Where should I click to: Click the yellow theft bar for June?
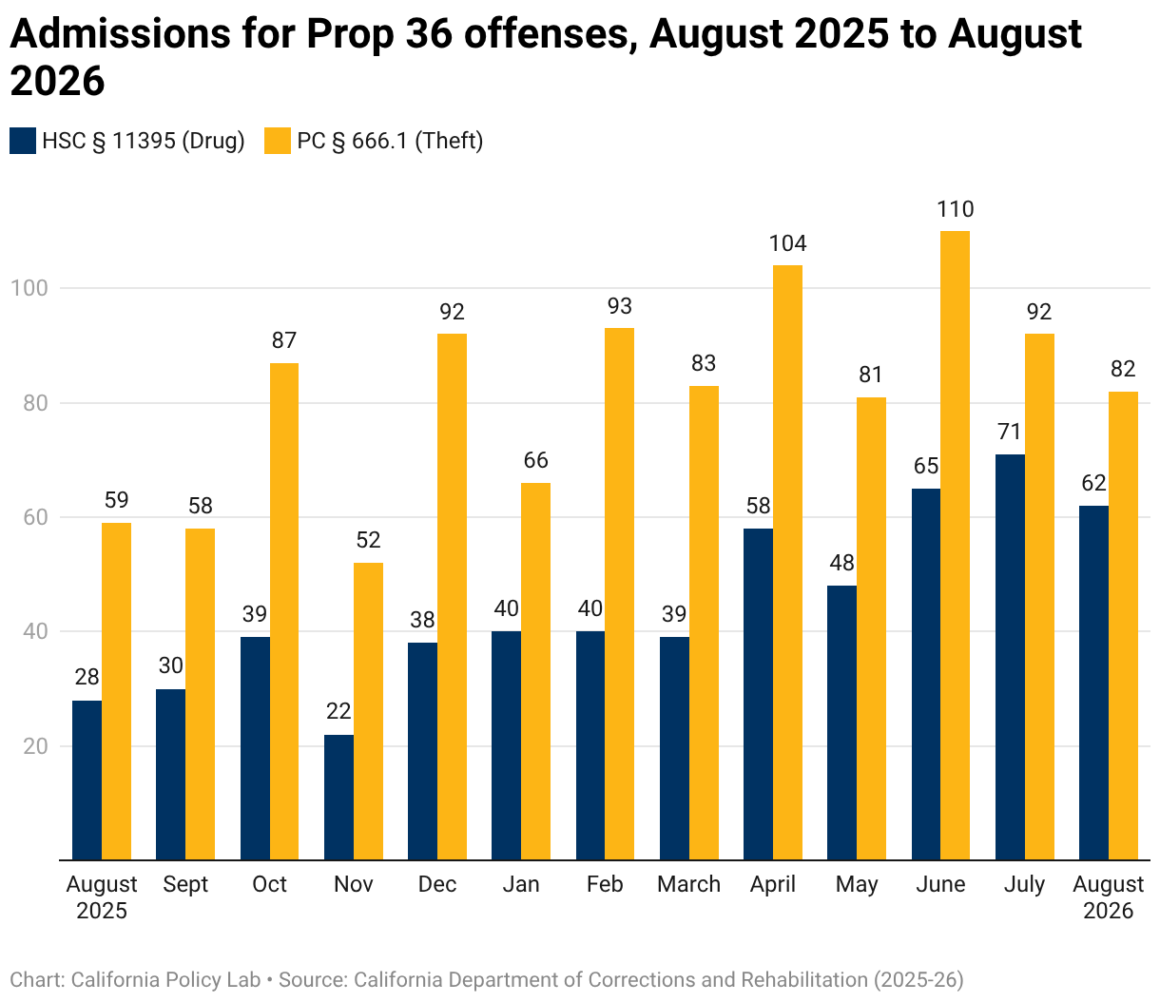(x=955, y=545)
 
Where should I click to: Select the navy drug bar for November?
(x=338, y=797)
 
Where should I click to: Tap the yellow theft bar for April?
(x=787, y=562)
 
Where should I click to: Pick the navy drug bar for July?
(x=1010, y=657)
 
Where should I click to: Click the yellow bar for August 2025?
(x=116, y=691)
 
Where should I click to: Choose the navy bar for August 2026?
(x=1093, y=683)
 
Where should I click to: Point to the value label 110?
(x=956, y=209)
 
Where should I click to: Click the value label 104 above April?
(x=787, y=243)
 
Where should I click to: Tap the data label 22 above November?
(x=338, y=711)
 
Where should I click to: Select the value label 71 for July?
(x=1009, y=432)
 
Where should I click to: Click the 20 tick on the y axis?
(x=35, y=746)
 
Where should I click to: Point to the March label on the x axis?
(x=688, y=884)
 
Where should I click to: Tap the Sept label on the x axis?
(x=185, y=885)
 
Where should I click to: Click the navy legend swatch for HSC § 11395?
(x=23, y=141)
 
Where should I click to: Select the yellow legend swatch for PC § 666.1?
(x=278, y=141)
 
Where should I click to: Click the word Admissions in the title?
(x=120, y=33)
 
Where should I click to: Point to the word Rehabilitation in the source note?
(x=804, y=979)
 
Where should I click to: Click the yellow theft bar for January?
(x=536, y=671)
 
